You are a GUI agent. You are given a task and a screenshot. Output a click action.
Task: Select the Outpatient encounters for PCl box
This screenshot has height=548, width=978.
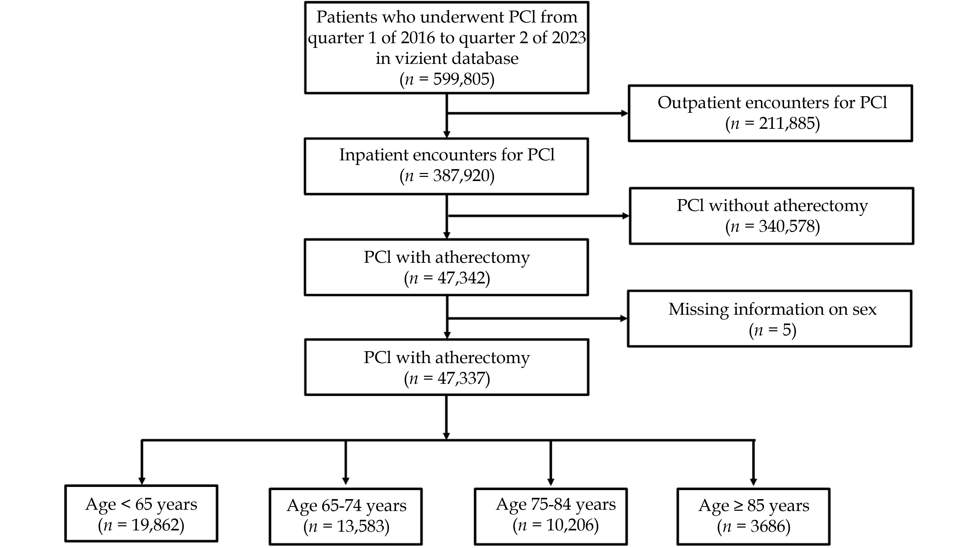(x=770, y=113)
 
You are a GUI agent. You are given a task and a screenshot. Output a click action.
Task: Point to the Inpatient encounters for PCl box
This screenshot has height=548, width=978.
(x=447, y=166)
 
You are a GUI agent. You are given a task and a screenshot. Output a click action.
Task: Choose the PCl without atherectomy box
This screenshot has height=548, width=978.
(x=772, y=216)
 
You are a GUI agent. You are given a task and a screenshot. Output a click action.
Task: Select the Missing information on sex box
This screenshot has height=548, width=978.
(x=769, y=318)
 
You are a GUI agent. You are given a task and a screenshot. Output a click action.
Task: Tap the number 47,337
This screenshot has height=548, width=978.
(x=462, y=378)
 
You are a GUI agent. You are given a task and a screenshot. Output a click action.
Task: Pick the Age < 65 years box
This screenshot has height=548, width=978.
(x=141, y=513)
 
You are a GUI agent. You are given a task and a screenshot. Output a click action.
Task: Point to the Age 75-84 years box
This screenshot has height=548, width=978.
(x=551, y=516)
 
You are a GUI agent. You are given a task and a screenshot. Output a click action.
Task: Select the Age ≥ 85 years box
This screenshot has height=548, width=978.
(x=754, y=516)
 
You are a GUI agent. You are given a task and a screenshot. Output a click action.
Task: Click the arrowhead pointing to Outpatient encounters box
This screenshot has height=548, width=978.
(x=624, y=113)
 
